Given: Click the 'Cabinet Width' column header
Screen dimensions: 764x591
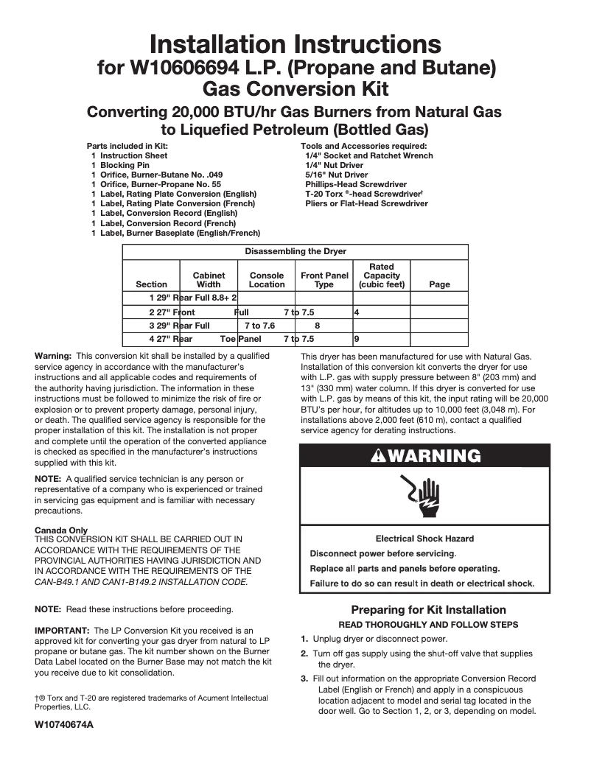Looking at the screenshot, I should (x=209, y=280).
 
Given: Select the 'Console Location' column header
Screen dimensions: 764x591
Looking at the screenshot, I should (x=266, y=280).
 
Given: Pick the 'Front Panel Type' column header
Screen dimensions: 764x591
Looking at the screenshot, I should (x=324, y=280).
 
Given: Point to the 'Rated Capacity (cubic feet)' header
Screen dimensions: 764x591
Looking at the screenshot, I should (x=381, y=276).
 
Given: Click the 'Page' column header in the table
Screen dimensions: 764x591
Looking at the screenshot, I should (x=438, y=284).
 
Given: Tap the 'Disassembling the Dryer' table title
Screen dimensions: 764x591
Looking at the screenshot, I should (x=295, y=251).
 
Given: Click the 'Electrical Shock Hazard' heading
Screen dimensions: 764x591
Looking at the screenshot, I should (x=424, y=539).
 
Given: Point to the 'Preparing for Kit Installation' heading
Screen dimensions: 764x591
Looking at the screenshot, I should (x=428, y=609).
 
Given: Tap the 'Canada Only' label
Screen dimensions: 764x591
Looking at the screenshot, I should (x=61, y=530).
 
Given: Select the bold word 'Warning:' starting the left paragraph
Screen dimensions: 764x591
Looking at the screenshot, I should (x=53, y=356).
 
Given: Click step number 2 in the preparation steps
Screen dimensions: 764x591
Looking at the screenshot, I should (x=304, y=653).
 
